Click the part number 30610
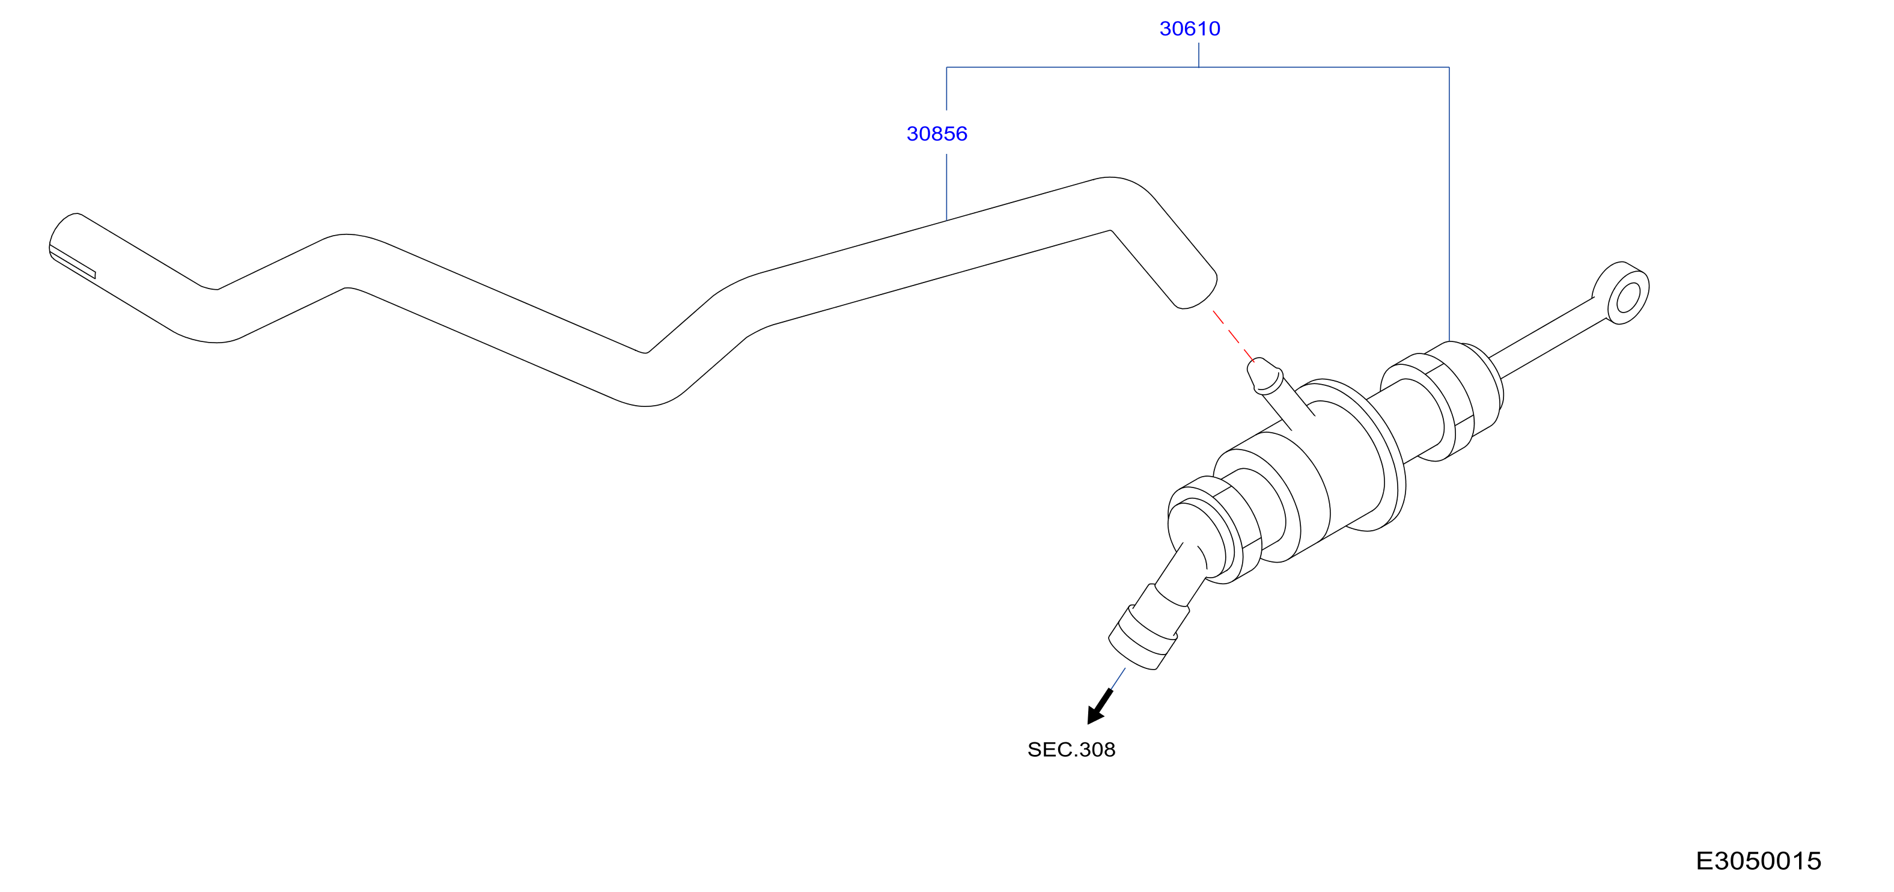[1190, 29]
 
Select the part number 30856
[937, 134]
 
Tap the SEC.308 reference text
[1071, 750]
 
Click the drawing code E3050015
[1758, 860]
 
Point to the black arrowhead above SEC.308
[1099, 707]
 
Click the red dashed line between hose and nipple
[1234, 335]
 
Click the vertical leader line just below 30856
[946, 188]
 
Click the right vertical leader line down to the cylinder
[1449, 204]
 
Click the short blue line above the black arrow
[1118, 679]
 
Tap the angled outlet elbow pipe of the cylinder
[1181, 576]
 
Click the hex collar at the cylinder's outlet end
[1213, 530]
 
